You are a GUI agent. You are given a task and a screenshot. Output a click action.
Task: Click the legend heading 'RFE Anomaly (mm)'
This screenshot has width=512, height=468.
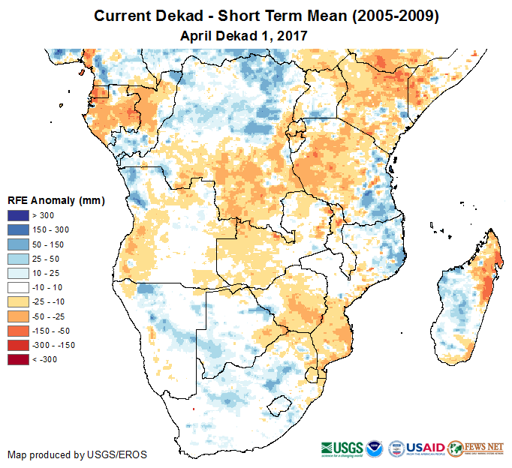[x=56, y=201]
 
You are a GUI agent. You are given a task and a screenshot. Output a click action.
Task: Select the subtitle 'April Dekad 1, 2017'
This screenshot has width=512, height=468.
[x=245, y=35]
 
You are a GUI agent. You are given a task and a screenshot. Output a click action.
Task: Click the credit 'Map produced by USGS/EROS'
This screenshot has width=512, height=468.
[x=77, y=454]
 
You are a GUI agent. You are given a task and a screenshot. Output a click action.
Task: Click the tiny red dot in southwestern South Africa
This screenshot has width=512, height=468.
[x=193, y=409]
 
